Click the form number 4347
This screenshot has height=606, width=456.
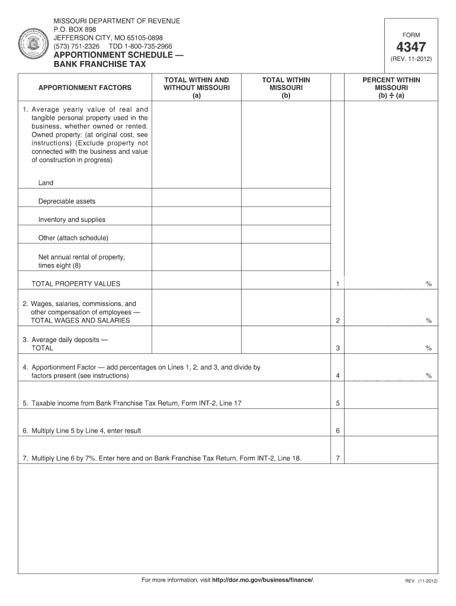(412, 47)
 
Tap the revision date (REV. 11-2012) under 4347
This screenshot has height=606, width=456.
(412, 60)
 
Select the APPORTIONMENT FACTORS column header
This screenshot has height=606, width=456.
(85, 88)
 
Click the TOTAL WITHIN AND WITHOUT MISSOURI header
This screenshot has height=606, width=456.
(197, 88)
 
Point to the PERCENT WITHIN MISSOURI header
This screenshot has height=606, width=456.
(391, 88)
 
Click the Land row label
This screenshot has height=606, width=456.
(46, 183)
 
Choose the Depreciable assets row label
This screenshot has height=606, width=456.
(67, 201)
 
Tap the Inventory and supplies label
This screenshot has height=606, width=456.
(72, 220)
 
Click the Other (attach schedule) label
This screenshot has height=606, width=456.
(73, 238)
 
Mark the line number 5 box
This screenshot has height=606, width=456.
(338, 404)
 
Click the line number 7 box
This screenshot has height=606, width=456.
(338, 458)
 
